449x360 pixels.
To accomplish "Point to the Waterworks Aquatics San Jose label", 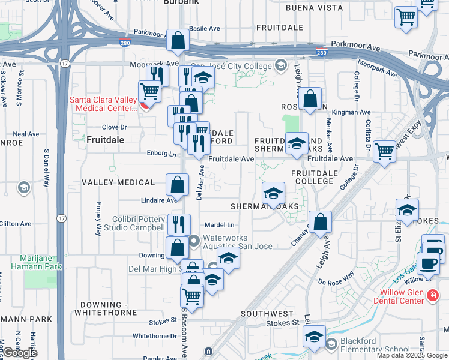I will click(237, 242).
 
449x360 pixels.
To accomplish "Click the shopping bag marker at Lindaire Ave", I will click(178, 185).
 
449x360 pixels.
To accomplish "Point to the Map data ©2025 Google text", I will click(412, 355).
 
